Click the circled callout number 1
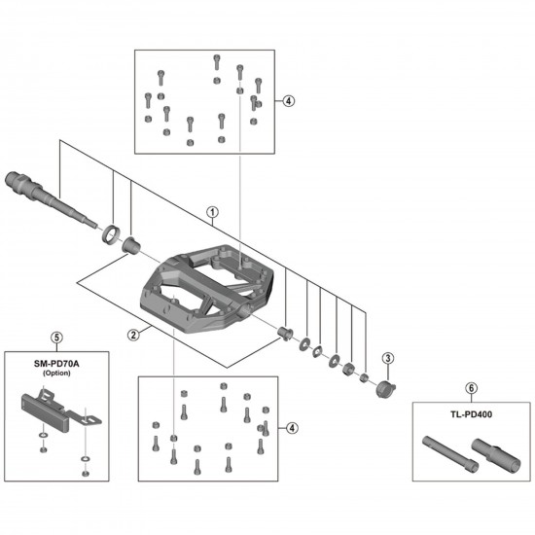pos(213,210)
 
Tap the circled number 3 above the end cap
pos(386,358)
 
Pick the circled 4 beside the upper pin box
pos(289,100)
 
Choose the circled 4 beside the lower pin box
pos(289,428)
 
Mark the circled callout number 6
pos(471,388)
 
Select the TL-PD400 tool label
pos(471,411)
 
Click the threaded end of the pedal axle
pos(20,181)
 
